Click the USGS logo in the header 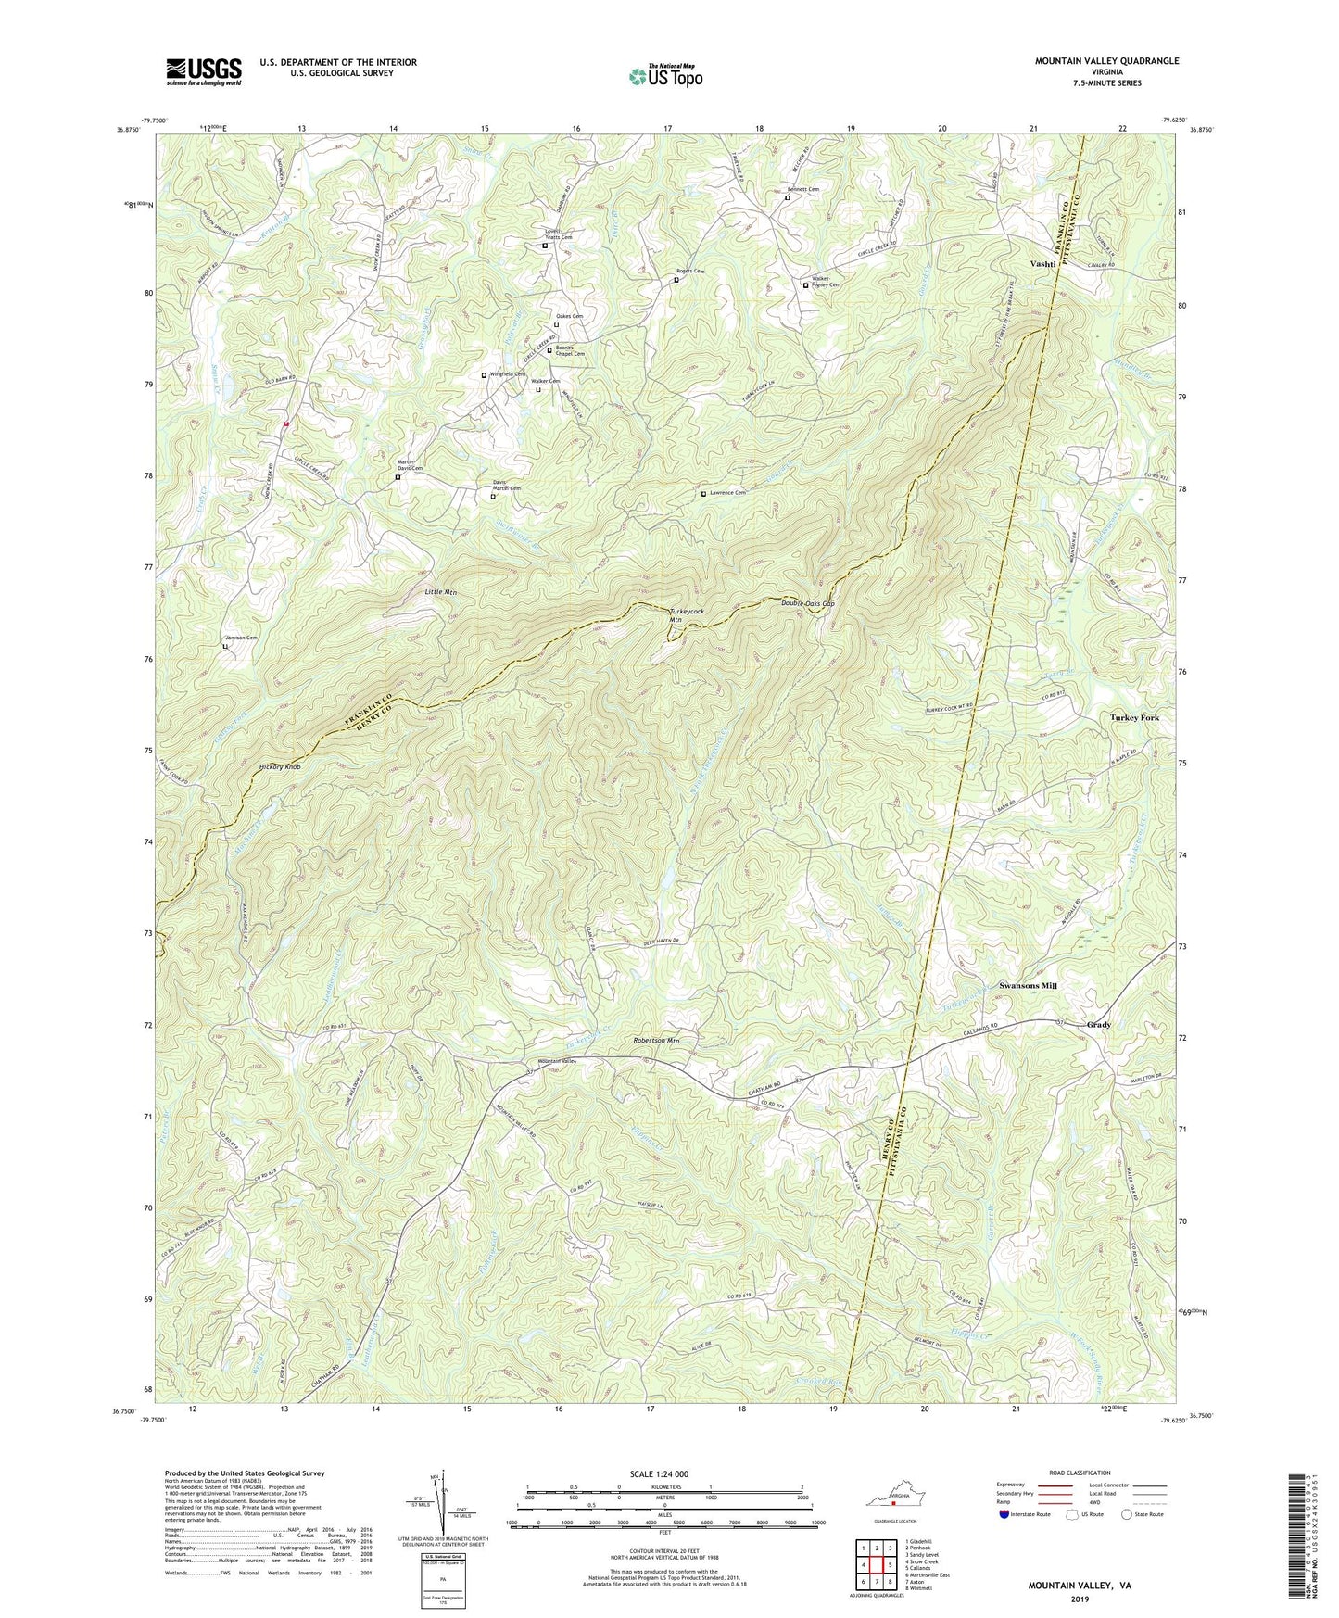coord(204,70)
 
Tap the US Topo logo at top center coord(664,76)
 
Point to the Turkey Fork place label coord(1134,718)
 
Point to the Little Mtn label coord(441,591)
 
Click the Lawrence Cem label coord(727,493)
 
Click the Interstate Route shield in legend coord(1006,1514)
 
